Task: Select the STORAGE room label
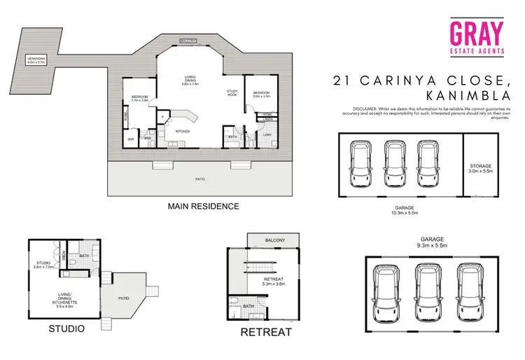pos(481,167)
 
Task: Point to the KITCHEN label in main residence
pos(183,131)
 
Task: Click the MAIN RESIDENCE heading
pos(203,207)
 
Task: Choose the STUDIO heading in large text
pos(66,328)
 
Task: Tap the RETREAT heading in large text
pos(265,332)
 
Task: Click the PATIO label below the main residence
pos(202,179)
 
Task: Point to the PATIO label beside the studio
pos(123,298)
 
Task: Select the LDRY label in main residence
pos(267,134)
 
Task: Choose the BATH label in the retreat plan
pos(247,306)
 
